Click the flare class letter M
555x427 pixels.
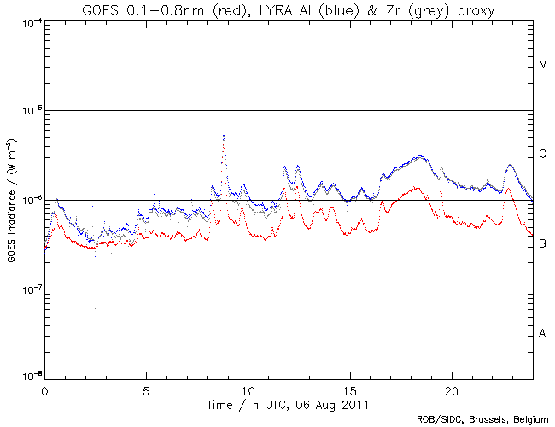coord(543,65)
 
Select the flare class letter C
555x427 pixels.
coord(543,155)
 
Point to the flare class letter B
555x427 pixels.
coord(543,244)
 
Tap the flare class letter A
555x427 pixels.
coord(543,334)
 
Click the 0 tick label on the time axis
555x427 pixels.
coord(44,389)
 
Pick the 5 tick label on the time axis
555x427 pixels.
coord(146,389)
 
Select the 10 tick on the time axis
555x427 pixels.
coord(248,389)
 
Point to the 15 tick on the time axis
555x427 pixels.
coord(349,389)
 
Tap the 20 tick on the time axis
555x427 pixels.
coord(451,389)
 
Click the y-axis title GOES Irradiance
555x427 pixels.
coord(11,201)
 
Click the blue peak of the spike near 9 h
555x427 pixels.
coord(224,135)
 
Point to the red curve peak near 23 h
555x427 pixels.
coord(509,190)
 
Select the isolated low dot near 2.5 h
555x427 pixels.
coord(95,308)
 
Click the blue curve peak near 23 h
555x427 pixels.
coord(511,165)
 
